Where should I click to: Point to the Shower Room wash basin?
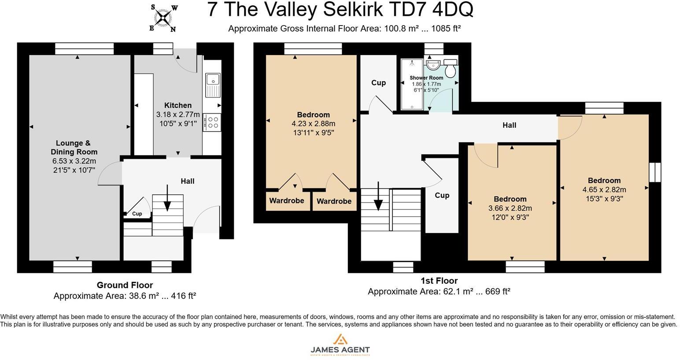(x=433, y=65)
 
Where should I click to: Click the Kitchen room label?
(x=178, y=105)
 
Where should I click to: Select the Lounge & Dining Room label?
(x=73, y=147)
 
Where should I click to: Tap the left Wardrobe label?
(x=287, y=201)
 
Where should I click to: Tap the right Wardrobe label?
(x=334, y=201)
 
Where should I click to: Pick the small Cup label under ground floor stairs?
(x=137, y=214)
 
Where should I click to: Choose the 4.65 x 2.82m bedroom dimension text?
(x=604, y=190)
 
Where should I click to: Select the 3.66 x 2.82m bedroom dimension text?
(x=510, y=208)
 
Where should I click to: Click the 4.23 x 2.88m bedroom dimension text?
(x=313, y=124)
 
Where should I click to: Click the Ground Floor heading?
(x=125, y=285)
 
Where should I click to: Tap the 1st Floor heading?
(x=439, y=281)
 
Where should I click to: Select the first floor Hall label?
(x=509, y=125)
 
